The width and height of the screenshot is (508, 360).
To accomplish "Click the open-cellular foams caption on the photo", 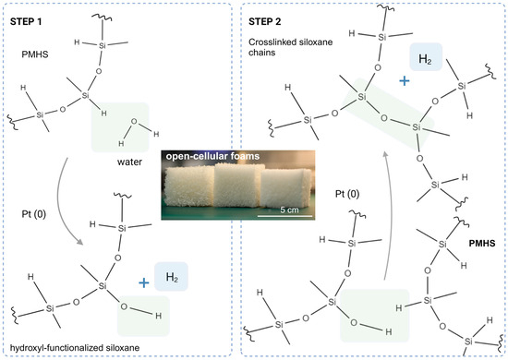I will point(206,156).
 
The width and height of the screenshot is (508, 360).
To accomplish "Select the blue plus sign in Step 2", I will point(405,80).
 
